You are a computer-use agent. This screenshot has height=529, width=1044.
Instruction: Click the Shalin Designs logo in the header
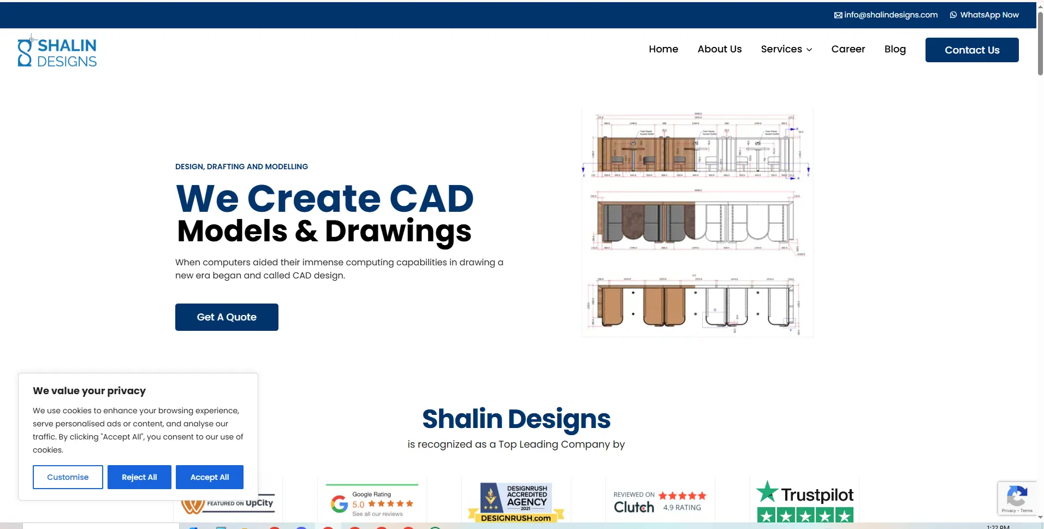57,52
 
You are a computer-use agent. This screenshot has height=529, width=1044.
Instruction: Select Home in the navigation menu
663,49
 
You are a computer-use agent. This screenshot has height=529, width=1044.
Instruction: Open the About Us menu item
720,49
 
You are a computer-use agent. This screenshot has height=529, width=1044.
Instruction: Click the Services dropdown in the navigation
786,49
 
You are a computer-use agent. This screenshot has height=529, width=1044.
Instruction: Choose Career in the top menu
848,49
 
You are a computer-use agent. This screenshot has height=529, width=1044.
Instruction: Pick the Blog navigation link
895,49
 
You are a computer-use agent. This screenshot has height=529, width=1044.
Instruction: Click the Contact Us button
972,50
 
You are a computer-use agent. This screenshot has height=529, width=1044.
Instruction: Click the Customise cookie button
68,477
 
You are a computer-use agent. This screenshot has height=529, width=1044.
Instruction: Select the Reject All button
139,477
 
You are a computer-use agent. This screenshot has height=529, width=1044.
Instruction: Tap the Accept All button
210,477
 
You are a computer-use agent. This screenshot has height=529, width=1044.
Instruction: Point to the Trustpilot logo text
817,495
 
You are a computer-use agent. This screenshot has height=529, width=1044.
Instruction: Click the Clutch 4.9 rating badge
660,502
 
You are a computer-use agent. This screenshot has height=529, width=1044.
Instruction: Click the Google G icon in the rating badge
339,503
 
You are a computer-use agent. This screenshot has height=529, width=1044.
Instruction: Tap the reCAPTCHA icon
1016,496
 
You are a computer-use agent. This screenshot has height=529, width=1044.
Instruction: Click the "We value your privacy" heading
90,391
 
